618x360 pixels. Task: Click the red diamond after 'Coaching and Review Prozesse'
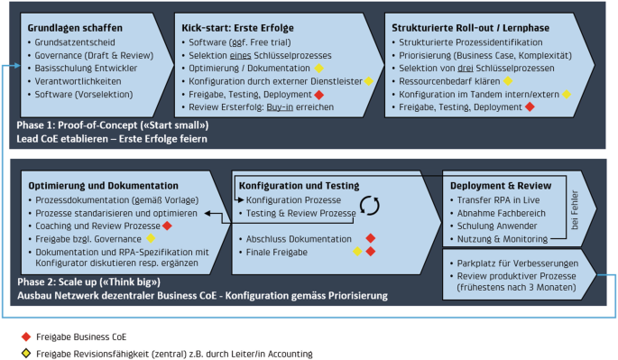pos(168,225)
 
